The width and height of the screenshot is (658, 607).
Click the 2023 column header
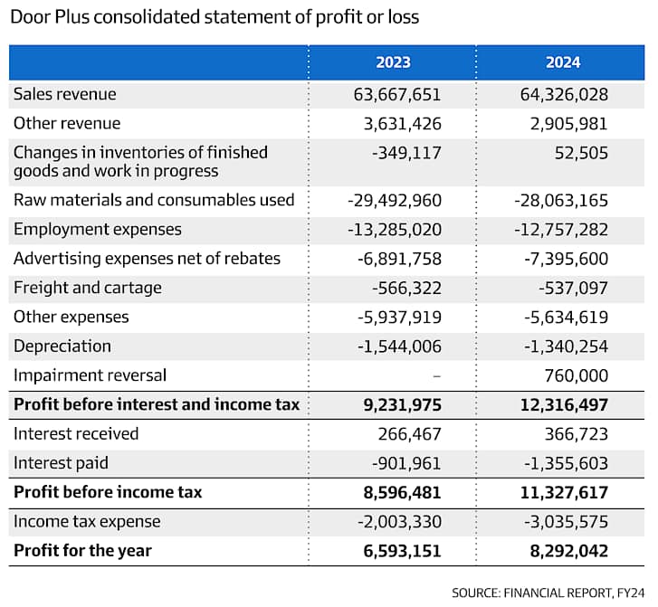tap(393, 62)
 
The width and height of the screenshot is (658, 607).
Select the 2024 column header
tap(563, 62)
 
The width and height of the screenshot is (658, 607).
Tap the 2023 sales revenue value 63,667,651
tap(397, 94)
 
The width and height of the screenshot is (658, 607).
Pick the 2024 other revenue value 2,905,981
tap(568, 124)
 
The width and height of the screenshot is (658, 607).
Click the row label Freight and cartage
tap(87, 288)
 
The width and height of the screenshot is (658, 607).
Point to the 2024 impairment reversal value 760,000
tap(576, 375)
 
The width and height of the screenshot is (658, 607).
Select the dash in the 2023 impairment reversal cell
tap(436, 375)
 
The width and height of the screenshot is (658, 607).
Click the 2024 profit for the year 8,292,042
tap(568, 551)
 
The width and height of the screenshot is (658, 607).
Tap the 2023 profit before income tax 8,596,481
tap(402, 492)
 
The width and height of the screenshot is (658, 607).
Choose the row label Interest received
tap(76, 433)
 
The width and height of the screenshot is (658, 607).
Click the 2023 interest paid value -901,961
tap(406, 463)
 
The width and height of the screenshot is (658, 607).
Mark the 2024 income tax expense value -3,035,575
tap(566, 522)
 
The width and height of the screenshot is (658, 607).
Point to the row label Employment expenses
tap(98, 230)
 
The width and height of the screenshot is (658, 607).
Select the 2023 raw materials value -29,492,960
tap(395, 200)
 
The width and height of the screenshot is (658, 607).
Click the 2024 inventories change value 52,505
tap(581, 153)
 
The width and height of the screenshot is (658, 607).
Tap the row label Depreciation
tap(62, 346)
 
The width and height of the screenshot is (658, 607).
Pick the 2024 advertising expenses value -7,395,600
tap(566, 259)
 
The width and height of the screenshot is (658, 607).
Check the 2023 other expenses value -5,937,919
tap(399, 318)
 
